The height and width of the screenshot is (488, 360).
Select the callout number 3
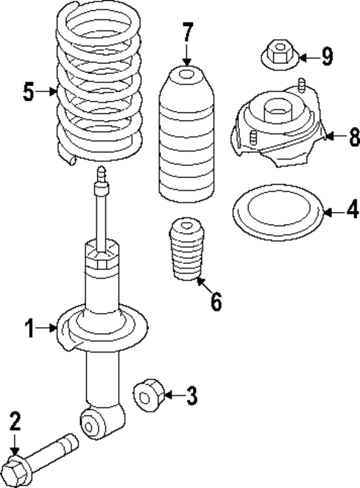click(x=192, y=396)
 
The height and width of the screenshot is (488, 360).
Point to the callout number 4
click(x=351, y=211)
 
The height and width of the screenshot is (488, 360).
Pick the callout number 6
click(x=216, y=303)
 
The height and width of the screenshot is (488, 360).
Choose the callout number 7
click(x=187, y=34)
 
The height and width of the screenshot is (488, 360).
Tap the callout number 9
click(x=327, y=56)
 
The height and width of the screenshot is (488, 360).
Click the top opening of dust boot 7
click(x=186, y=73)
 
